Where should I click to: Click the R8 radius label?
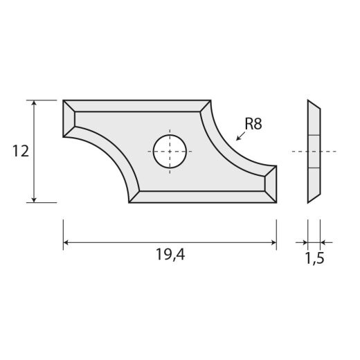(254, 125)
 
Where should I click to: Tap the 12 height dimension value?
(20, 152)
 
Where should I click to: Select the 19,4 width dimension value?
(170, 255)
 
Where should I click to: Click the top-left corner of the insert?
(64, 100)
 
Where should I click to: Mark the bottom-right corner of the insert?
(276, 203)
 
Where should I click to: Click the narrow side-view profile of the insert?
(314, 151)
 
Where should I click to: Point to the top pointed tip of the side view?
(309, 101)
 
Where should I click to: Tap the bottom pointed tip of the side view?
(309, 202)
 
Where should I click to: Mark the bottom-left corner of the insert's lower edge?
(129, 202)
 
